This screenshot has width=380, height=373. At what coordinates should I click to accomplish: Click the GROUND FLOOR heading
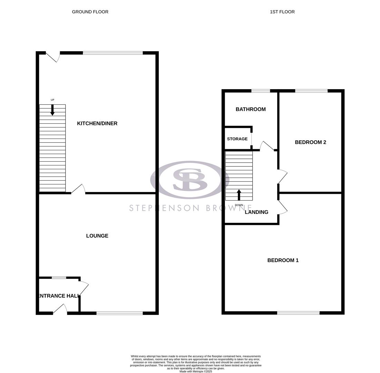point(90,12)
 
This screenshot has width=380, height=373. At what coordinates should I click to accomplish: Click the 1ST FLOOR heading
point(282,12)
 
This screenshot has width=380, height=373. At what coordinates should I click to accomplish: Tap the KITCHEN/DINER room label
point(97,123)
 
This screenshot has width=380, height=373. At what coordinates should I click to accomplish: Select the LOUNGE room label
point(97,236)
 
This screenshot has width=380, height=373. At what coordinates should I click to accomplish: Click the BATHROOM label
point(251,109)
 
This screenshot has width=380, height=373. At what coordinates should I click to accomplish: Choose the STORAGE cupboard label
point(237,139)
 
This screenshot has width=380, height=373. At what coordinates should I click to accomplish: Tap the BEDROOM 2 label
point(310,142)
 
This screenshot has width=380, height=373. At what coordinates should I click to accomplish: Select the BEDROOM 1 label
point(283,260)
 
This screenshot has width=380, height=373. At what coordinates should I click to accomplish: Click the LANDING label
point(256,212)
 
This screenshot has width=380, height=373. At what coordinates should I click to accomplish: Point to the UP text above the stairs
point(52,100)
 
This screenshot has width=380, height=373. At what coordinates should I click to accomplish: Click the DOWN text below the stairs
point(239,205)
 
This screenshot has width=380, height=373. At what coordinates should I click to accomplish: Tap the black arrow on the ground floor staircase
point(52,110)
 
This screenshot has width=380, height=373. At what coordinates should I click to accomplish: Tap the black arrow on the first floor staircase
point(239,195)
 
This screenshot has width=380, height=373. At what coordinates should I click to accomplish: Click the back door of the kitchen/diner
point(53,57)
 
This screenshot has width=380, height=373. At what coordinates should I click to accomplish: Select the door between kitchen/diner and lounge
point(78,189)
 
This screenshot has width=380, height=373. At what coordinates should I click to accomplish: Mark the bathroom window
point(261,91)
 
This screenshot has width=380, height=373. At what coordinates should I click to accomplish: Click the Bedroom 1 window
point(298,313)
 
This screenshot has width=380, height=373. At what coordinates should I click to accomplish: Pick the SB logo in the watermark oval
point(190,180)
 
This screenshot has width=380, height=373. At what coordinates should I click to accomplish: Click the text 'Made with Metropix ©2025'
point(196,371)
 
